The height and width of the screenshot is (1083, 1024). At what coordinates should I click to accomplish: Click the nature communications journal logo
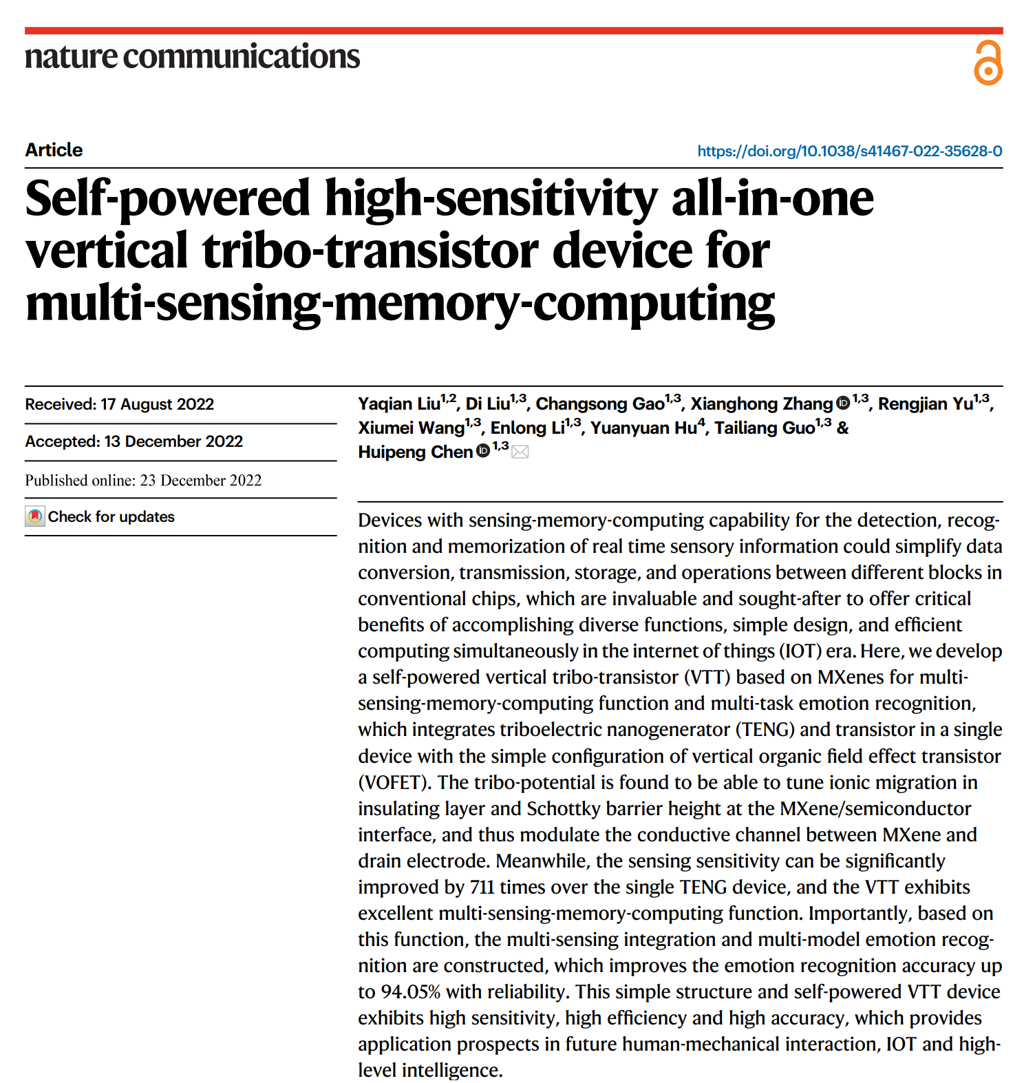(192, 56)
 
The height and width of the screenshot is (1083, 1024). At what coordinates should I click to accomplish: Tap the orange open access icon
(988, 63)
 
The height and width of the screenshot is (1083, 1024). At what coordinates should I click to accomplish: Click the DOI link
(849, 151)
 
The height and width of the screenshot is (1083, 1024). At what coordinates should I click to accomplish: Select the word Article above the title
(54, 150)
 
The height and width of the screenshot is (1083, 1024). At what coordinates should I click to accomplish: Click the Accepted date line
(134, 441)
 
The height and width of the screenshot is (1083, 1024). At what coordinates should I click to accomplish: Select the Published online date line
(143, 481)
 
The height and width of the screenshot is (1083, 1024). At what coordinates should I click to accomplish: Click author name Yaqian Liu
(399, 404)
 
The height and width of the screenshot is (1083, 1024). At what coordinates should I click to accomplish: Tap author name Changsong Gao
(599, 404)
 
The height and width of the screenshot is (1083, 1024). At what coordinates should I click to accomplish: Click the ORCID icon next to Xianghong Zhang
(843, 403)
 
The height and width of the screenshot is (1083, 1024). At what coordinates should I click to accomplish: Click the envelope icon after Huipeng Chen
(520, 452)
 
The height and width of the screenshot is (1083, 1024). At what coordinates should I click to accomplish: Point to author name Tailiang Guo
(764, 428)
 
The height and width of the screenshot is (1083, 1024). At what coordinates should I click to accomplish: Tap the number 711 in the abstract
(482, 887)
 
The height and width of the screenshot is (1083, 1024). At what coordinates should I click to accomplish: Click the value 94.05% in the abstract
(410, 992)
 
